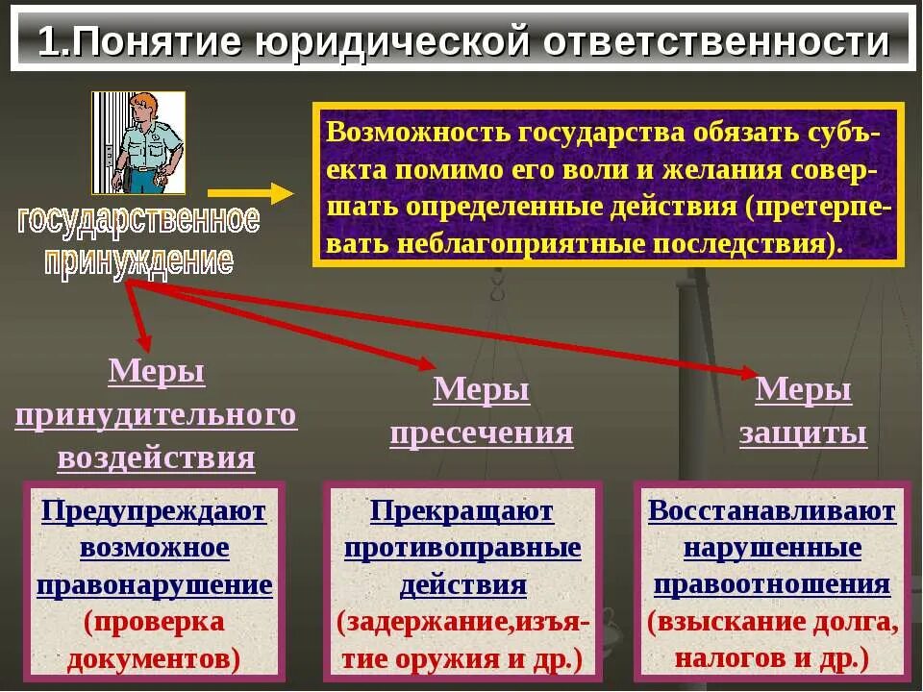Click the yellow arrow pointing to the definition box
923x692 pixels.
[250, 193]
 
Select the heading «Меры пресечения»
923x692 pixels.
[482, 411]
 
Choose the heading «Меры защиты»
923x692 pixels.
[803, 411]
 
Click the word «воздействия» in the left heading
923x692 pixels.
[156, 457]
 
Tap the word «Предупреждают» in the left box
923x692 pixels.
[154, 511]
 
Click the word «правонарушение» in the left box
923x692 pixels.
[155, 585]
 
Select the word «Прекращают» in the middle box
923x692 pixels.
[461, 511]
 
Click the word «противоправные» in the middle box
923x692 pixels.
[462, 549]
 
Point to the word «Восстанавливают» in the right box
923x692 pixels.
[772, 511]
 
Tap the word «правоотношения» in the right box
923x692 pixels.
[772, 585]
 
